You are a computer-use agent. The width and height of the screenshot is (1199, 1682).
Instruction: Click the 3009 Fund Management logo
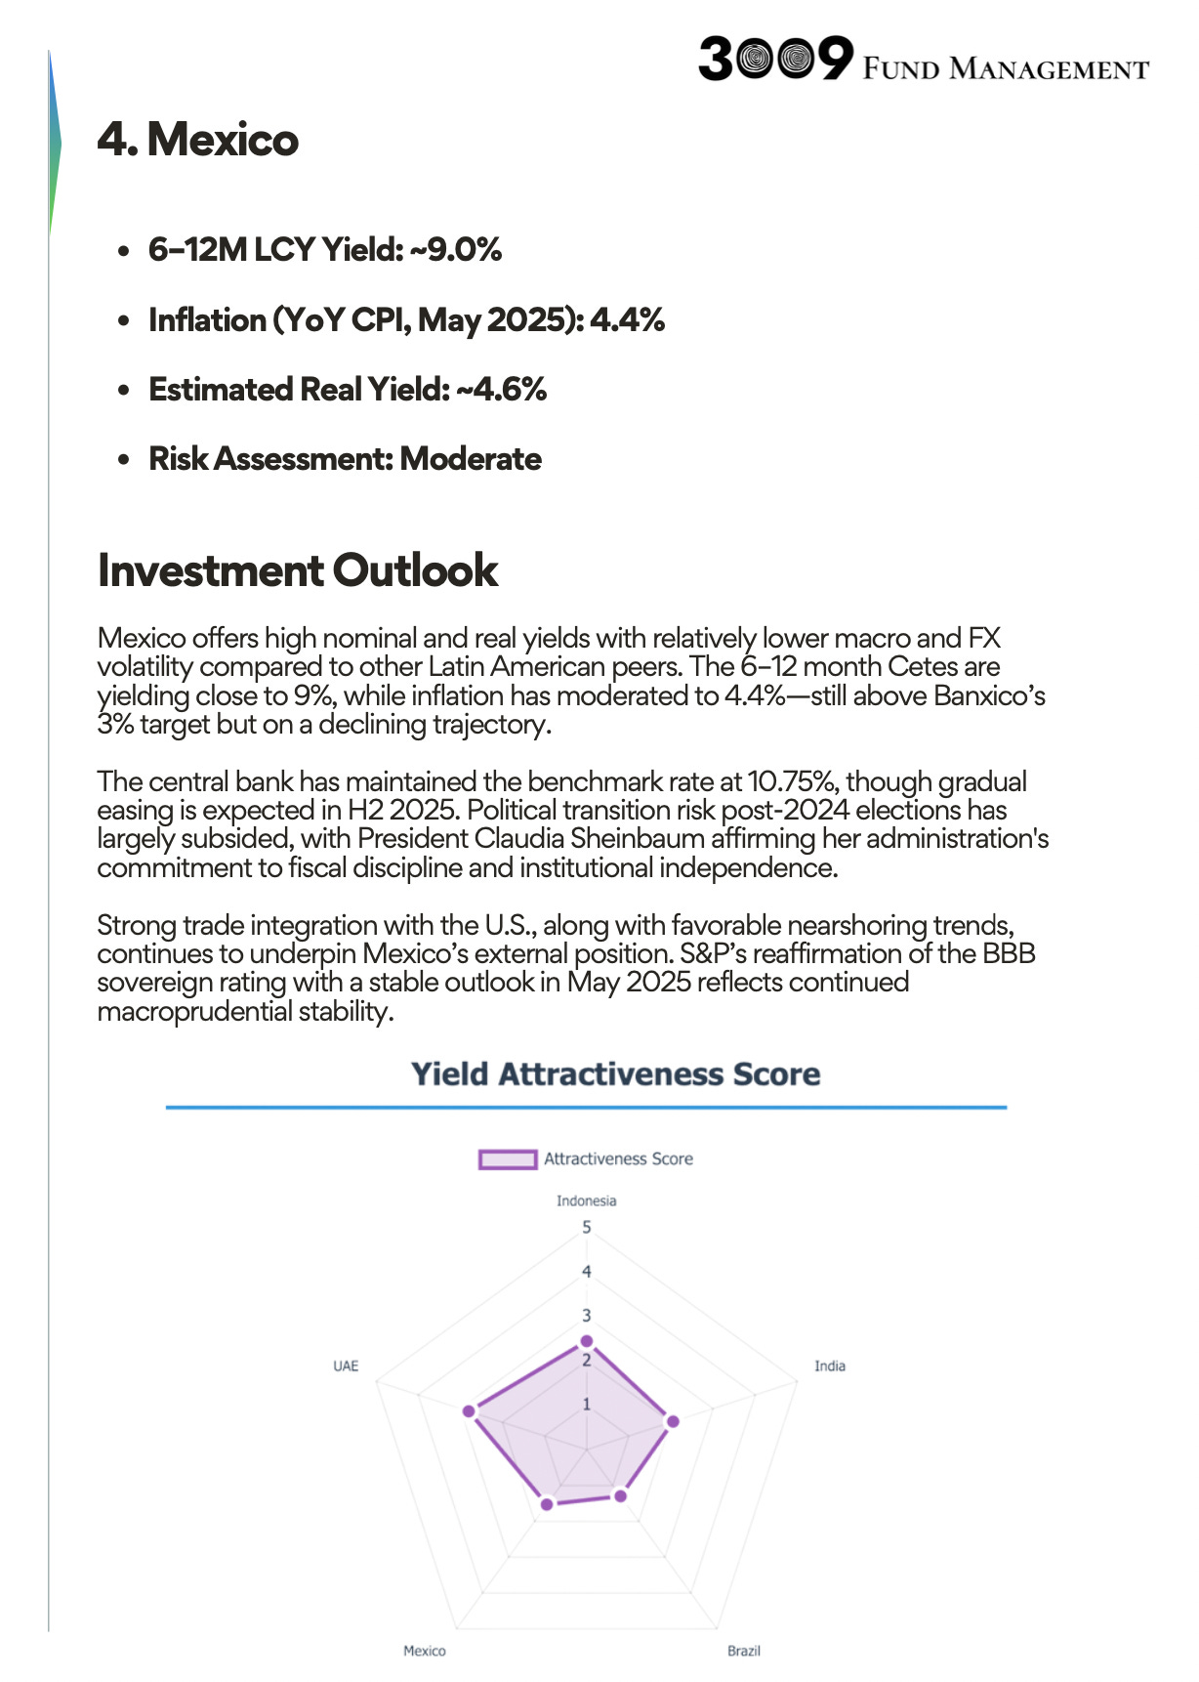923,60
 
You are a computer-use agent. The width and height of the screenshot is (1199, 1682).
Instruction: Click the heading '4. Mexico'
198,140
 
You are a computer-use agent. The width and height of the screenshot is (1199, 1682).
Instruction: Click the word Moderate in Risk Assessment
471,459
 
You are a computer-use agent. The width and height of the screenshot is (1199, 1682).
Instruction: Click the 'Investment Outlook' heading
298,570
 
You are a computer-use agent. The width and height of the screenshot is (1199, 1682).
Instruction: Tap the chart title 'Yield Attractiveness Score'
615,1074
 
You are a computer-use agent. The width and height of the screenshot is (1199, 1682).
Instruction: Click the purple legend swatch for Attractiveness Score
508,1159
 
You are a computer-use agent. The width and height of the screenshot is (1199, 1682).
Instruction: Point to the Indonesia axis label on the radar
587,1201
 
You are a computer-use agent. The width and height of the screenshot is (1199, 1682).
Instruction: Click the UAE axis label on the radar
346,1367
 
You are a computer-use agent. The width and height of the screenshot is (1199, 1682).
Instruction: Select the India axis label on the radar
830,1367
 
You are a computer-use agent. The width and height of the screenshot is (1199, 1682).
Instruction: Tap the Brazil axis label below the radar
744,1651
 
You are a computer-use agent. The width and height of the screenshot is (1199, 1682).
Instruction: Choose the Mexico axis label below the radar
425,1651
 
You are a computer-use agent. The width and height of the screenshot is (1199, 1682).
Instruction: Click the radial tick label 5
587,1228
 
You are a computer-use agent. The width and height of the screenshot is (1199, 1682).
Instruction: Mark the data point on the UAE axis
469,1411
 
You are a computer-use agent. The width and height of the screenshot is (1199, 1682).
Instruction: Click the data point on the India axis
673,1421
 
